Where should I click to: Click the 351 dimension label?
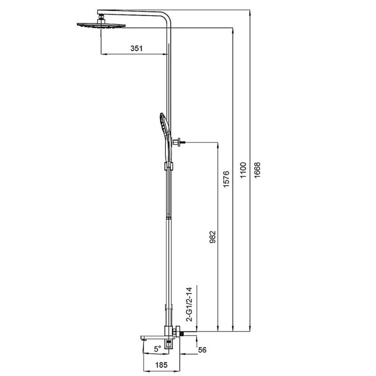136,48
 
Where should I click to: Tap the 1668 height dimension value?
257,170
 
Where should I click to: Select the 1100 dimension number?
243,170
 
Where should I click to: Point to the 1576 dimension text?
226,179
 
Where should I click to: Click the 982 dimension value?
212,237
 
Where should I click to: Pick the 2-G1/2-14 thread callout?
189,304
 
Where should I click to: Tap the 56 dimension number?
202,350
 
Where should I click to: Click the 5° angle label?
157,349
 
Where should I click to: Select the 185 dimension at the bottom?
161,365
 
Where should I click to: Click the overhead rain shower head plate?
101,25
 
